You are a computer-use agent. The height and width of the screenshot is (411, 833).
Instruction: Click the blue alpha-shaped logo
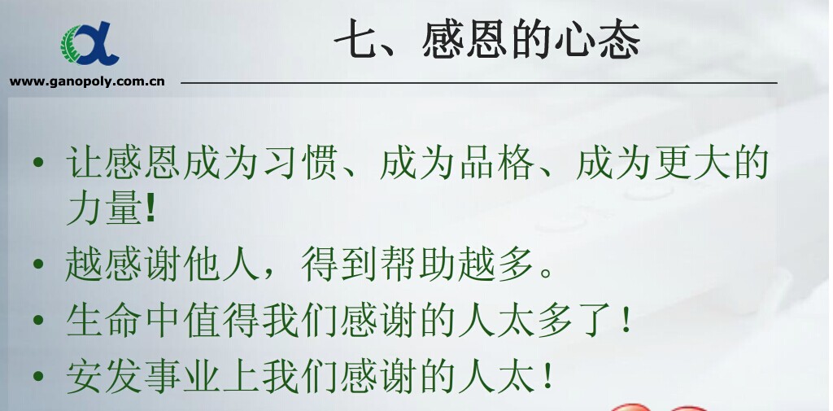click(x=89, y=44)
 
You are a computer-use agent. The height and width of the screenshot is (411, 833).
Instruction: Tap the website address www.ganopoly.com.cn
click(x=87, y=82)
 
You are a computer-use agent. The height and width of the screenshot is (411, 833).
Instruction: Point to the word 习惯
click(x=301, y=162)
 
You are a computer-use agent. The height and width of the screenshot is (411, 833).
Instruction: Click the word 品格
click(x=497, y=162)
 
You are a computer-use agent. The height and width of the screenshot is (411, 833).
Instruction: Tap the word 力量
click(x=103, y=208)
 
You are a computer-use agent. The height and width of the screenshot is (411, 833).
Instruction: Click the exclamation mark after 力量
click(x=150, y=208)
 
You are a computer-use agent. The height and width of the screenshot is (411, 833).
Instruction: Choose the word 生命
click(x=104, y=321)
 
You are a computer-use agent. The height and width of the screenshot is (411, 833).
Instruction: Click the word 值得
click(x=222, y=321)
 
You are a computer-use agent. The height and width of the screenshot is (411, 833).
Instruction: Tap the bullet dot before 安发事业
click(x=37, y=377)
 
